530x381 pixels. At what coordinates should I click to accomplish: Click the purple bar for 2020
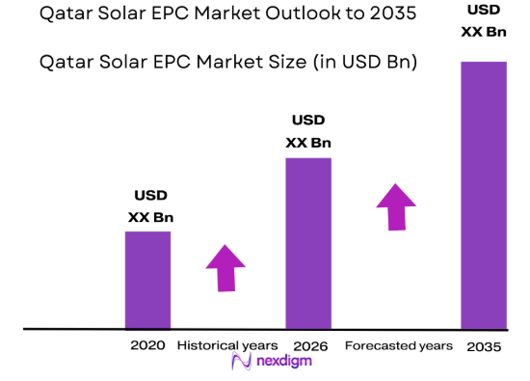[x=147, y=280]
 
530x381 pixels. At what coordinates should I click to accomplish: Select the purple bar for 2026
[x=308, y=243]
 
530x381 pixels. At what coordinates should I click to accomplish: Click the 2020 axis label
[x=147, y=345]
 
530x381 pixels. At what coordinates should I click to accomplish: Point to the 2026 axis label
[x=308, y=345]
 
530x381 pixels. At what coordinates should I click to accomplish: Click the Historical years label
[x=226, y=345]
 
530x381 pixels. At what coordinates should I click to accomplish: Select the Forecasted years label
[x=398, y=345]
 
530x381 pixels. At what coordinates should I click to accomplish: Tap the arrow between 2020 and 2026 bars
[x=225, y=267]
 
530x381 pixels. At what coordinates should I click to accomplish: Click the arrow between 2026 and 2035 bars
[x=395, y=205]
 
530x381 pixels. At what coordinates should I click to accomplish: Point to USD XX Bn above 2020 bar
[x=150, y=205]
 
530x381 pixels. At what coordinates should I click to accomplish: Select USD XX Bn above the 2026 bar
[x=308, y=131]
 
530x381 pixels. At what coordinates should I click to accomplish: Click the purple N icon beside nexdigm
[x=239, y=364]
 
